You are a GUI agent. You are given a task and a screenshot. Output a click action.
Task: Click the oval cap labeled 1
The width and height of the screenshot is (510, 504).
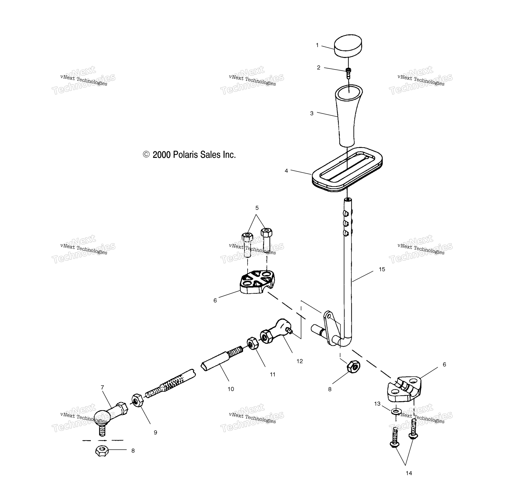click(348, 45)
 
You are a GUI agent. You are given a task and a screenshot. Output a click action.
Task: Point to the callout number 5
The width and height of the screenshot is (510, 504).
click(257, 208)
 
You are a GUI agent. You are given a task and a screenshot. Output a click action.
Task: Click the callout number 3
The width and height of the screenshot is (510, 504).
click(312, 113)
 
